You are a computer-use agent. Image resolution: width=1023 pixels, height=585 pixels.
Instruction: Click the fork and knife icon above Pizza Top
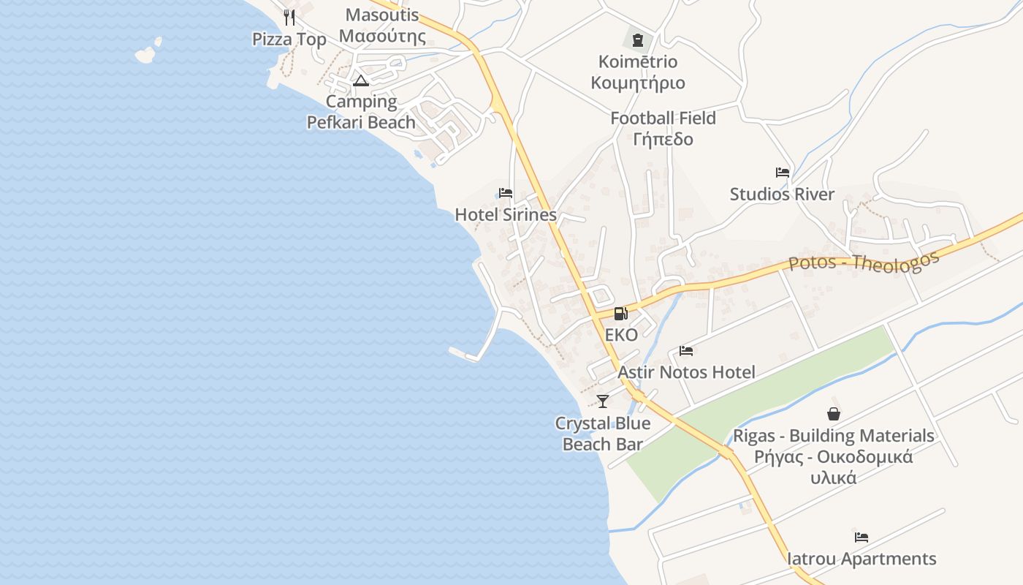coord(289,17)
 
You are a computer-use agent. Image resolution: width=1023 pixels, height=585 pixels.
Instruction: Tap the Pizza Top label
coord(289,39)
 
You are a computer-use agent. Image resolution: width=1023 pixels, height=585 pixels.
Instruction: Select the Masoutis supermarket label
coord(382,26)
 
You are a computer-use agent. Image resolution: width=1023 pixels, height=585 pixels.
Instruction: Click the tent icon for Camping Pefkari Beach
coord(360,80)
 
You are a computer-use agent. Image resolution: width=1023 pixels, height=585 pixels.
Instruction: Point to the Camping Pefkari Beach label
coord(361,112)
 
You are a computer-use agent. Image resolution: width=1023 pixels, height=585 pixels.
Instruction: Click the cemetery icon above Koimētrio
coord(638,39)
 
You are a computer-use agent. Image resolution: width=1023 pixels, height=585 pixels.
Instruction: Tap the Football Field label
coord(663,128)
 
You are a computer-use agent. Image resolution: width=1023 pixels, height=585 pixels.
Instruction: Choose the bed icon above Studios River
coord(783,173)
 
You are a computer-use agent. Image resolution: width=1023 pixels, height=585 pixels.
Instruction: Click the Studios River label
coord(782,195)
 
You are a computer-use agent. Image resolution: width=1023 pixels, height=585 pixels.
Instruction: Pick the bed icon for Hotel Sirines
coord(506,193)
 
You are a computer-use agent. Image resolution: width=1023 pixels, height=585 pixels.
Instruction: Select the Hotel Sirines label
coord(506,215)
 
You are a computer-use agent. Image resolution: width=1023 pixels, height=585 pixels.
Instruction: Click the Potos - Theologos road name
coord(864,262)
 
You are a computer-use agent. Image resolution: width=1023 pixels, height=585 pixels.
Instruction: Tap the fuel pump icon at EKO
coord(620,314)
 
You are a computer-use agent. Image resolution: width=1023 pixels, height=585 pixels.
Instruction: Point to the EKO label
coord(621,335)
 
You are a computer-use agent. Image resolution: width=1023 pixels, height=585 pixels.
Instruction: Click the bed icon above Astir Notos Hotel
coord(686,351)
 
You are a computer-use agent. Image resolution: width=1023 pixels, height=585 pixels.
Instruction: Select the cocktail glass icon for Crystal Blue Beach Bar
coord(603,401)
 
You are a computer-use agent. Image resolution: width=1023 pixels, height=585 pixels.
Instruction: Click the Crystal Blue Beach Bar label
coord(603,434)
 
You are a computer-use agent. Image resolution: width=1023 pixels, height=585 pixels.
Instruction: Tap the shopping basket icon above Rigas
coord(834,414)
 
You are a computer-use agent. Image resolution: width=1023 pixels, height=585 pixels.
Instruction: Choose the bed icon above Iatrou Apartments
coord(862,537)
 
